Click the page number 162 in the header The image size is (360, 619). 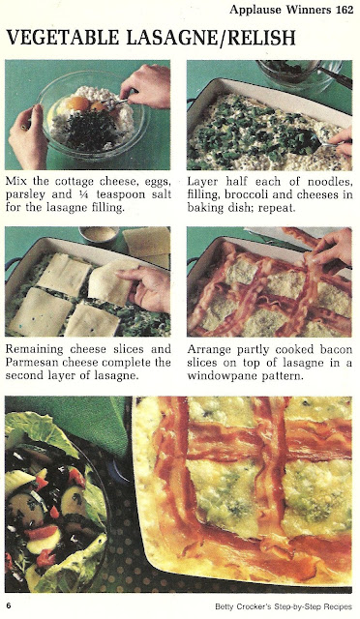[x=345, y=10]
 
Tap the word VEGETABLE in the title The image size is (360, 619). [x=63, y=38]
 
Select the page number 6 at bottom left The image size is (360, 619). [x=9, y=606]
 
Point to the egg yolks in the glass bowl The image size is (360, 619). [x=84, y=103]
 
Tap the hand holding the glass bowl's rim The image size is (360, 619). [x=27, y=137]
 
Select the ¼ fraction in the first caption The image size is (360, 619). [x=83, y=194]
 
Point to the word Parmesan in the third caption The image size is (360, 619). [x=32, y=362]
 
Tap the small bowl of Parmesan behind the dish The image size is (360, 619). [x=99, y=236]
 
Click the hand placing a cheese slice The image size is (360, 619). [x=145, y=288]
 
